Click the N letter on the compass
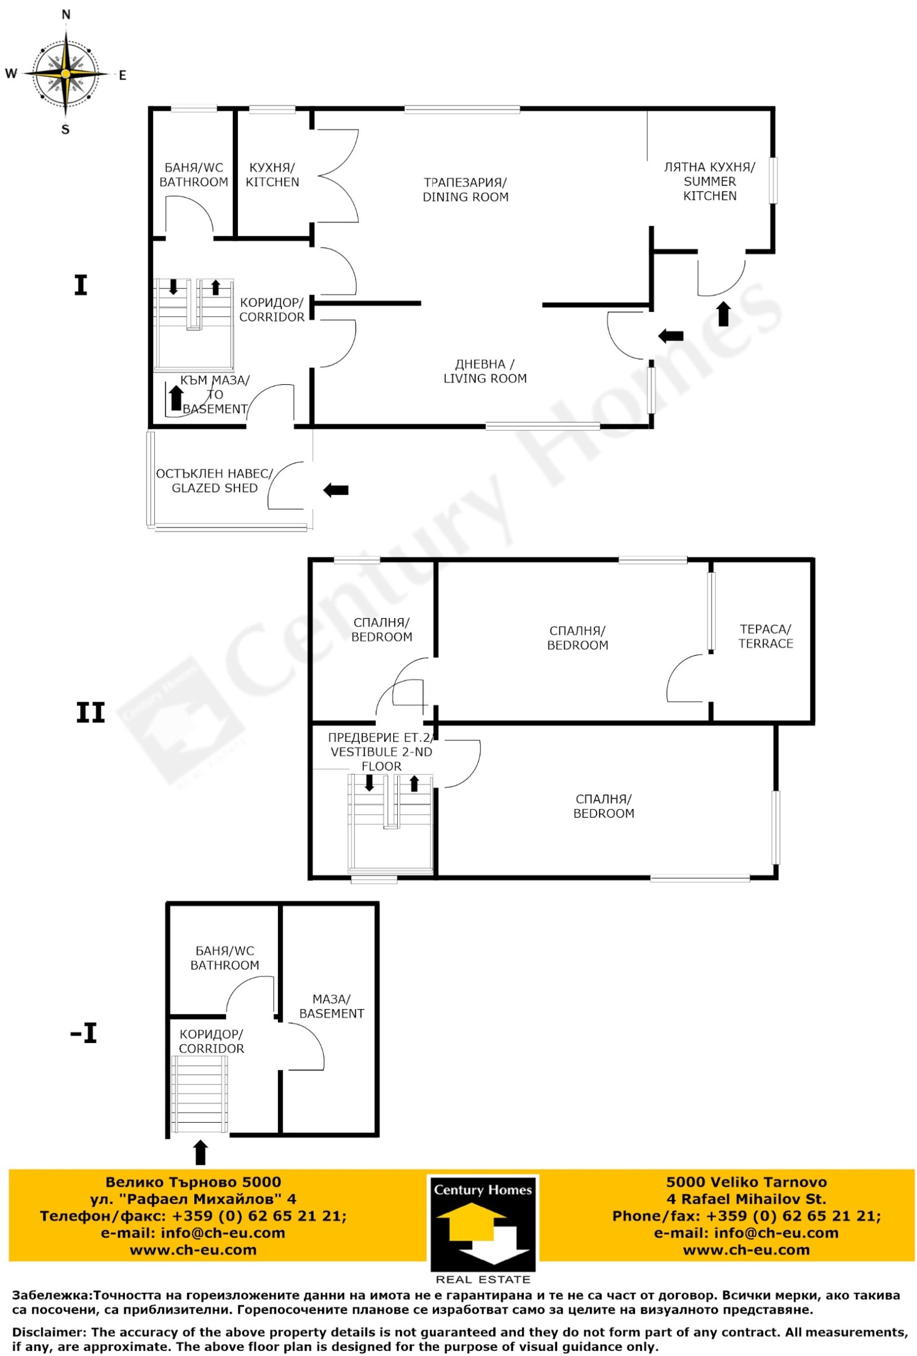pyautogui.click(x=66, y=15)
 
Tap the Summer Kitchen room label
pyautogui.click(x=710, y=181)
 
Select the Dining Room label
pyautogui.click(x=465, y=190)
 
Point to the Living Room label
pyautogui.click(x=485, y=371)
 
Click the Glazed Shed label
pyautogui.click(x=214, y=481)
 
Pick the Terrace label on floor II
pyautogui.click(x=765, y=636)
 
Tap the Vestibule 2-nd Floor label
pyautogui.click(x=381, y=752)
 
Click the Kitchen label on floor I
pyautogui.click(x=272, y=174)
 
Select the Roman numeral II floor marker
pyautogui.click(x=91, y=713)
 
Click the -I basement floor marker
pyautogui.click(x=84, y=1033)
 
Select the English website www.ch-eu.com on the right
pyautogui.click(x=746, y=1250)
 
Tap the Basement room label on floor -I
pyautogui.click(x=331, y=1006)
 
